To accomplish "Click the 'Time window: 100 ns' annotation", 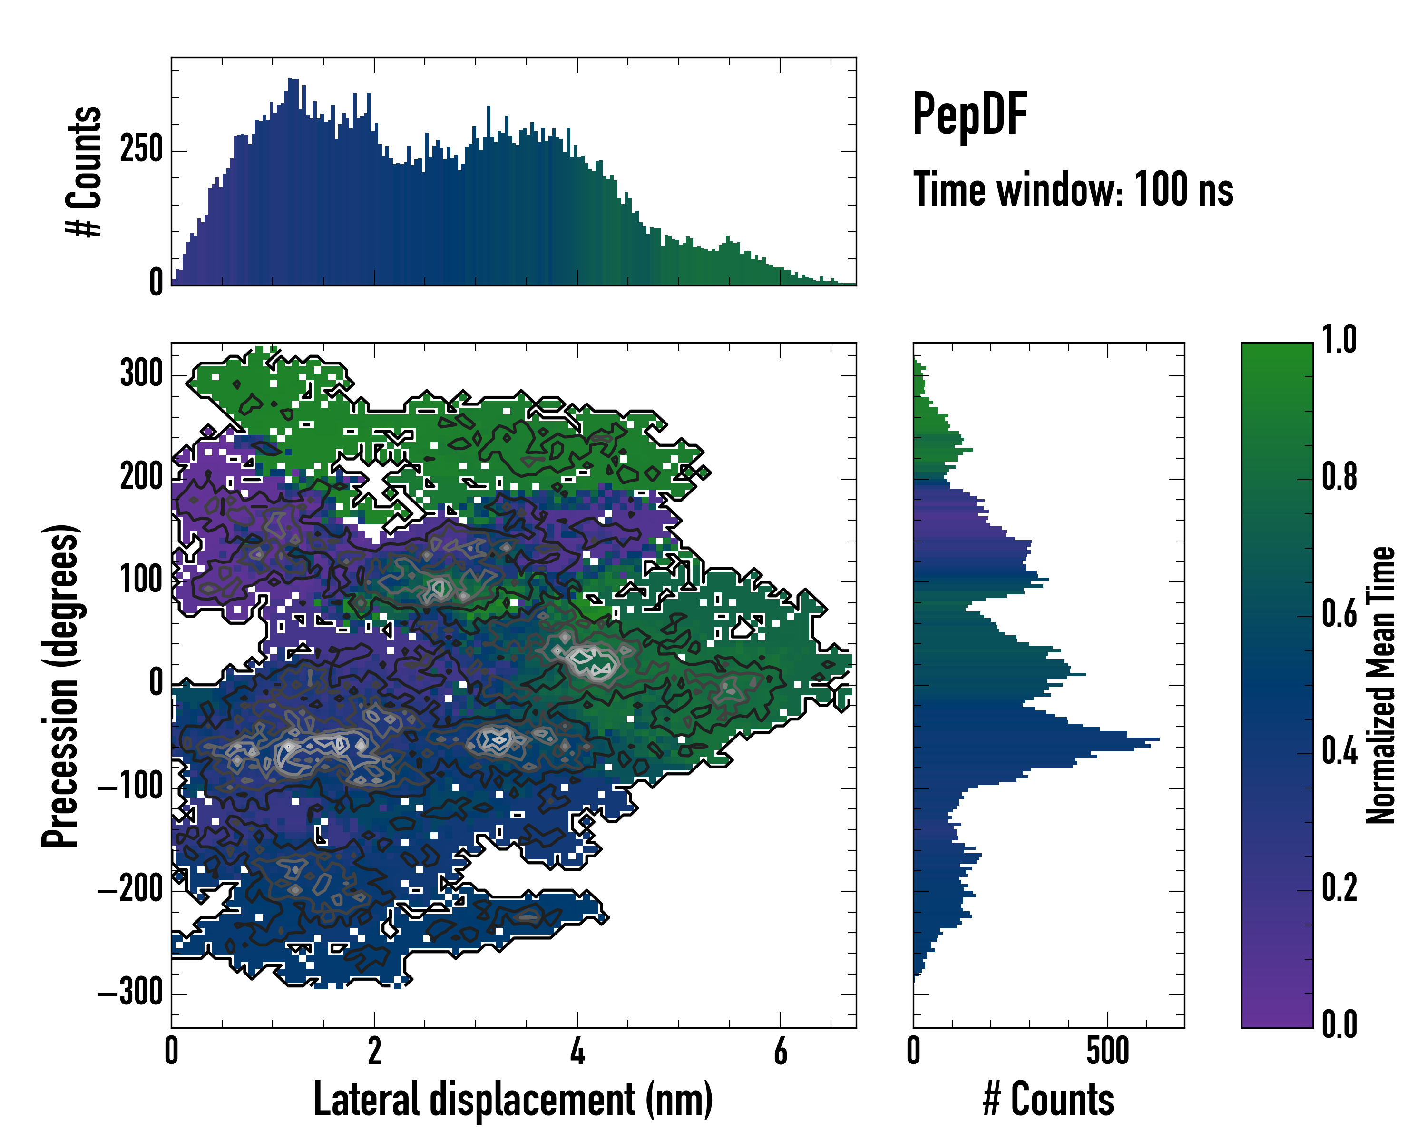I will (x=1073, y=189).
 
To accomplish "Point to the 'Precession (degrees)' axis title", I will (x=61, y=685).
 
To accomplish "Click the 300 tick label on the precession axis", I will (x=141, y=374).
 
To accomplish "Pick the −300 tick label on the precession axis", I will (x=130, y=993).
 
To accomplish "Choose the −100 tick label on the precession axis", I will (x=130, y=787).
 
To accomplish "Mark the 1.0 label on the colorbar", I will (x=1339, y=340).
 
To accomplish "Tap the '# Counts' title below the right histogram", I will (x=1048, y=1100).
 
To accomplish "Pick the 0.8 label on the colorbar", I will (x=1339, y=477).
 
